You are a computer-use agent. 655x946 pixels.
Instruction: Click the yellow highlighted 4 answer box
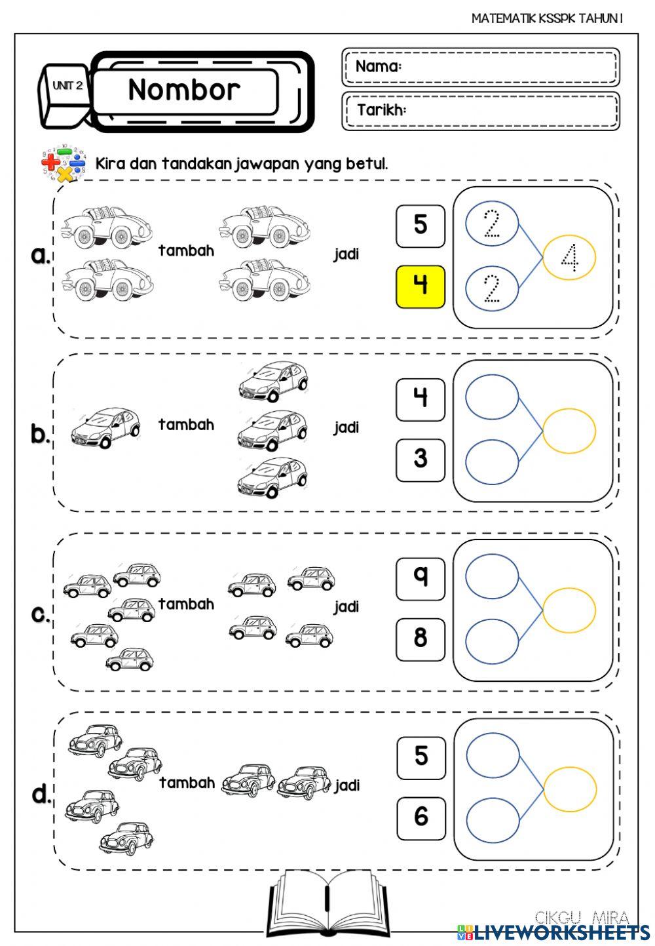pyautogui.click(x=420, y=286)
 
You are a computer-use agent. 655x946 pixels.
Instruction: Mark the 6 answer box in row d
pyautogui.click(x=421, y=818)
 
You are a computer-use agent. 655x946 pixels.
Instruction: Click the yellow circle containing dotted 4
pyautogui.click(x=569, y=258)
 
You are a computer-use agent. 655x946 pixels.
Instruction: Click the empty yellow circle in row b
pyautogui.click(x=569, y=431)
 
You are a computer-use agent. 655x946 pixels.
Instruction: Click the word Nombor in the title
pyautogui.click(x=184, y=90)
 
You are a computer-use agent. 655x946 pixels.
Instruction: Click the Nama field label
pyautogui.click(x=378, y=66)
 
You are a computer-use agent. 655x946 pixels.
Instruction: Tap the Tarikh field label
pyautogui.click(x=381, y=109)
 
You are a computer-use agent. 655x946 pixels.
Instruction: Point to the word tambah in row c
pyautogui.click(x=187, y=604)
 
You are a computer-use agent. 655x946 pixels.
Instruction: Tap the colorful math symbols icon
pyautogui.click(x=64, y=163)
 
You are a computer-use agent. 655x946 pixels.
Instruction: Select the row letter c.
pyautogui.click(x=41, y=614)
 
